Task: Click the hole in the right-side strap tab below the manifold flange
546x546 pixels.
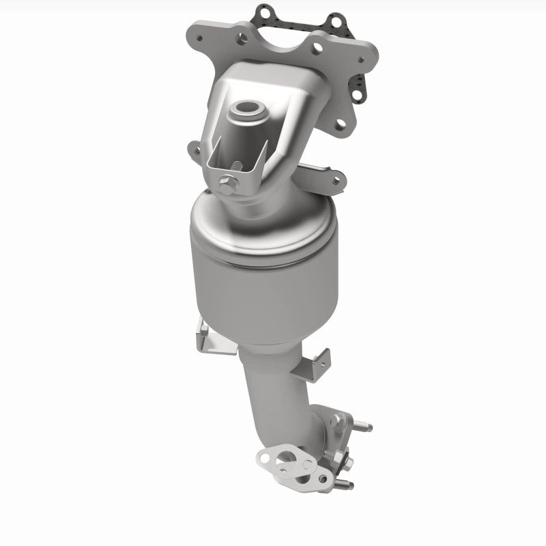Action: (x=335, y=181)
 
